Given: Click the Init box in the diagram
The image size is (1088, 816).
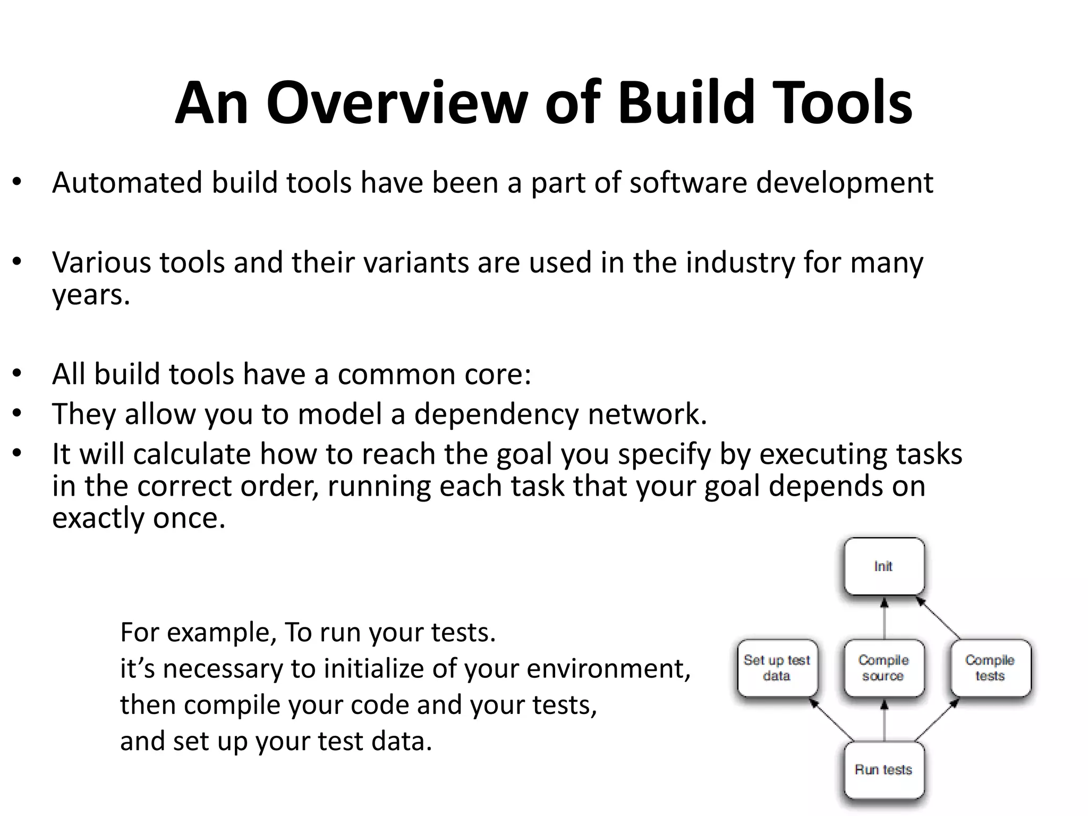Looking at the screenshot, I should pyautogui.click(x=884, y=566).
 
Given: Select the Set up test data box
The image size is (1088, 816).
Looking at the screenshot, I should pyautogui.click(x=777, y=668).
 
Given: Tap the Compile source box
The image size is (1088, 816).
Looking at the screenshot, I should pyautogui.click(x=883, y=668).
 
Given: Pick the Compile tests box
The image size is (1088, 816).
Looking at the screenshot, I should pyautogui.click(x=990, y=668).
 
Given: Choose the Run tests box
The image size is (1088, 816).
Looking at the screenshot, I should pyautogui.click(x=883, y=769).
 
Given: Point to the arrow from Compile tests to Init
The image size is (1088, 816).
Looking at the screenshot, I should pyautogui.click(x=938, y=618).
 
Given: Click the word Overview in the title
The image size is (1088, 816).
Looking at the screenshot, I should pyautogui.click(x=397, y=103).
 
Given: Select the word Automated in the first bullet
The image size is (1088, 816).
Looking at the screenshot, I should pyautogui.click(x=127, y=182).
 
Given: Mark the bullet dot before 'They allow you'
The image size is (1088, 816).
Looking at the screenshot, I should pyautogui.click(x=18, y=413).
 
